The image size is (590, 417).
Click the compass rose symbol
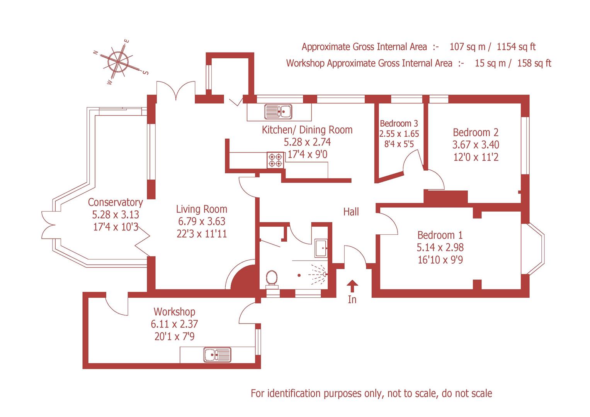coord(119,61)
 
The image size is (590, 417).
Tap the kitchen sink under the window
coord(278,112)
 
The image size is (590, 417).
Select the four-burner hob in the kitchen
coord(275,160)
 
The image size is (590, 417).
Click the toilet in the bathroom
coord(272,278)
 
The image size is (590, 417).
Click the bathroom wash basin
coord(321,248)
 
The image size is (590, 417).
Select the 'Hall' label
coord(351,212)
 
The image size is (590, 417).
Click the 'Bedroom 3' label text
coord(399,124)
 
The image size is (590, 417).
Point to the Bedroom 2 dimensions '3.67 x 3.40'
coord(476,145)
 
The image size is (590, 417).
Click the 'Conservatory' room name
coord(115,202)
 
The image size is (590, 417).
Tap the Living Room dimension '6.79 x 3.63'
coord(201,221)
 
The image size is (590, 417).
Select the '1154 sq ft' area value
coord(516,47)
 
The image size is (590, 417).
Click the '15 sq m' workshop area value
coord(490,63)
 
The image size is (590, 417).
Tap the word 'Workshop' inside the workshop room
coord(174,312)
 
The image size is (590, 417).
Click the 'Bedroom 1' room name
coord(440,235)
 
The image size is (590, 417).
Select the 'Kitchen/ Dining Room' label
coord(307,130)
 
